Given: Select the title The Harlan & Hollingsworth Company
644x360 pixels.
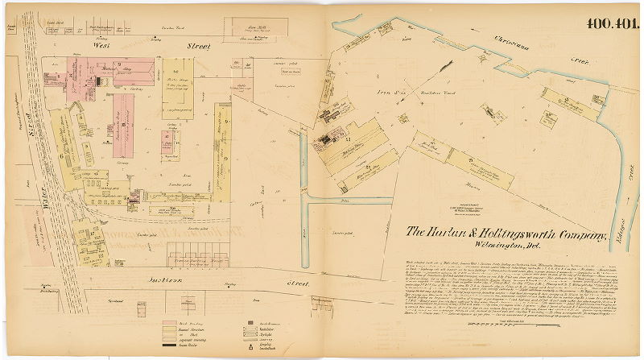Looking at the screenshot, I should coord(506,234).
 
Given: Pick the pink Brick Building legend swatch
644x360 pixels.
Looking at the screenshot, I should coord(171,320).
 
